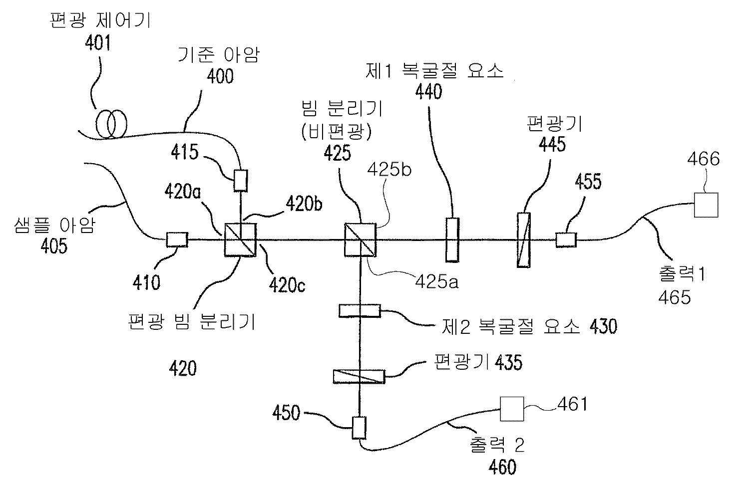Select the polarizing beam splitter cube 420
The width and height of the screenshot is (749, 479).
coord(241,240)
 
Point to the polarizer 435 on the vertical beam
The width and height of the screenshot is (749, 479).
coord(359,376)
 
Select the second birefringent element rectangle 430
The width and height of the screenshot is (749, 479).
coord(359,311)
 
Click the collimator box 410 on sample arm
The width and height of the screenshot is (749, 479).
coord(177,240)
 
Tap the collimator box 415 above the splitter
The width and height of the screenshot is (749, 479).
coord(241,181)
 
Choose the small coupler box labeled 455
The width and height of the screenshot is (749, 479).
coord(566,240)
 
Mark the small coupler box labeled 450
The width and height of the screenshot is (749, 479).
coord(359,428)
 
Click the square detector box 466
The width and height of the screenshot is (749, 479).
coord(706,205)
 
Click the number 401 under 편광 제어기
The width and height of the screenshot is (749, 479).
coord(97,44)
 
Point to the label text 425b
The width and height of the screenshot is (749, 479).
coord(389,170)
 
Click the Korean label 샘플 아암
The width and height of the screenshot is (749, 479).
coord(54,227)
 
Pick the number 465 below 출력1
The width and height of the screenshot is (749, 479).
coord(674,297)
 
